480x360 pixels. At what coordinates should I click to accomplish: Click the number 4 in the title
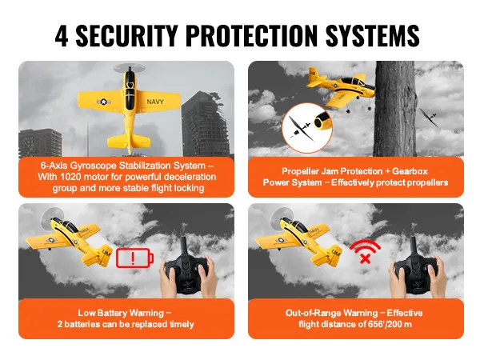pyautogui.click(x=62, y=35)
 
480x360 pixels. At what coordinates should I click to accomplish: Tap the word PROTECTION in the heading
pyautogui.click(x=252, y=35)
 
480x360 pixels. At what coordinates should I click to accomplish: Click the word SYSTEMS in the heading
pyautogui.click(x=372, y=35)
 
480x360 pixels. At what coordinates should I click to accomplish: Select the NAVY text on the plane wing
pyautogui.click(x=155, y=102)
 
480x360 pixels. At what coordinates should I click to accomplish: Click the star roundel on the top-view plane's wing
pyautogui.click(x=103, y=102)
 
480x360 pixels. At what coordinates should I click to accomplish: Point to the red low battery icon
pyautogui.click(x=134, y=258)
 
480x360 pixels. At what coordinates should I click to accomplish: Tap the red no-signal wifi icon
pyautogui.click(x=365, y=252)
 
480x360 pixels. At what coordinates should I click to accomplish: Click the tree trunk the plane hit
pyautogui.click(x=395, y=109)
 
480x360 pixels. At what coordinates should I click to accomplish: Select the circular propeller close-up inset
pyautogui.click(x=306, y=128)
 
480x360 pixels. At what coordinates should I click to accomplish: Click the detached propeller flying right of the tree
pyautogui.click(x=429, y=118)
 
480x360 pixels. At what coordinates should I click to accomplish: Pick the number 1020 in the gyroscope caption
pyautogui.click(x=70, y=177)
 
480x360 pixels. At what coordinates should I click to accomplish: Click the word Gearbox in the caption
pyautogui.click(x=410, y=171)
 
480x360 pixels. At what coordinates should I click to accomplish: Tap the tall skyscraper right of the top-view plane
pyautogui.click(x=205, y=126)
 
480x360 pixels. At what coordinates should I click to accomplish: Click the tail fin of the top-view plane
pyautogui.click(x=129, y=142)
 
